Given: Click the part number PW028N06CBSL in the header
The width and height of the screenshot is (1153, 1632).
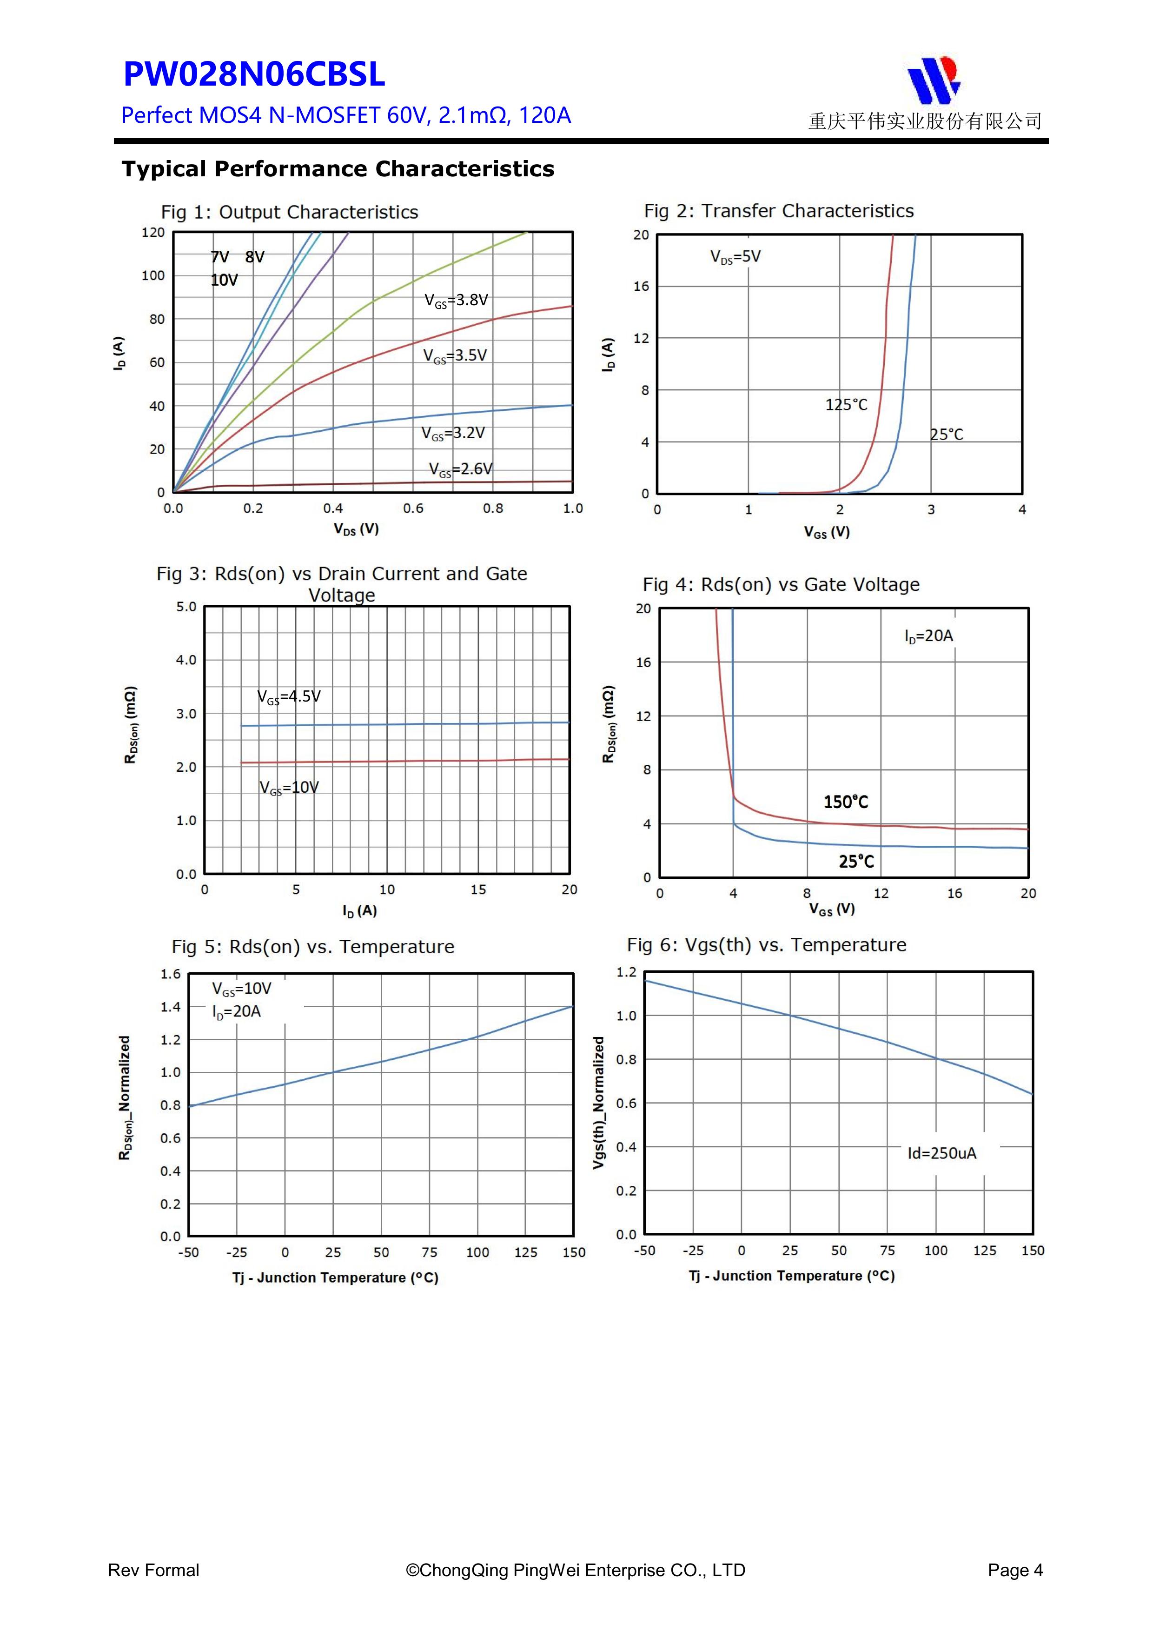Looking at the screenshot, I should pyautogui.click(x=254, y=74).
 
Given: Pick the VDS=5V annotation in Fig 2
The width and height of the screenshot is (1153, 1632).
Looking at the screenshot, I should pyautogui.click(x=736, y=257).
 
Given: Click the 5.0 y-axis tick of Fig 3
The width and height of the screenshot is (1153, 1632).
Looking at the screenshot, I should pyautogui.click(x=186, y=607).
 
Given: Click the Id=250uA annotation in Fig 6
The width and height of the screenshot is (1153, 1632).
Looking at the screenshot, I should pyautogui.click(x=941, y=1153).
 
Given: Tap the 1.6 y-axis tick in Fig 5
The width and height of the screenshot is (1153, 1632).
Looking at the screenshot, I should pyautogui.click(x=171, y=974).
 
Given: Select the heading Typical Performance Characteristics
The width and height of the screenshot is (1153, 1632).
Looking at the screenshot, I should pyautogui.click(x=338, y=169).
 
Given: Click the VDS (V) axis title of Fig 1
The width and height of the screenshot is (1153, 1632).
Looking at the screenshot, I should pyautogui.click(x=356, y=529).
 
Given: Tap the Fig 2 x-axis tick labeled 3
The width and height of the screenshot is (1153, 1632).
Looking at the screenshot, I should pyautogui.click(x=931, y=509).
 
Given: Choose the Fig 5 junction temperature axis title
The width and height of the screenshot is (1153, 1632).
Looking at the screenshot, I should pyautogui.click(x=335, y=1278).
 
